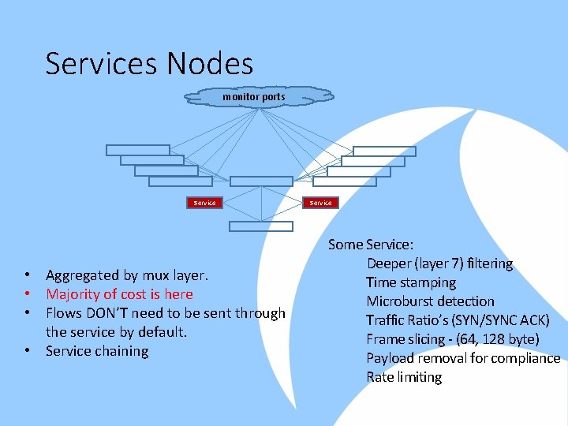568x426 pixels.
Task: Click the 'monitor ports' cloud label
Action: point(253,97)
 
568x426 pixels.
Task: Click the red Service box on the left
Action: point(204,203)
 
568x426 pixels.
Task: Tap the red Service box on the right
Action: point(321,203)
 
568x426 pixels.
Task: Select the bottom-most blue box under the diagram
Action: point(260,226)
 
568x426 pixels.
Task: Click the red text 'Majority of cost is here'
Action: point(119,294)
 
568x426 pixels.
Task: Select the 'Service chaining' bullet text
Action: point(97,351)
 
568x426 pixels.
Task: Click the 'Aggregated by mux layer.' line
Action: point(127,275)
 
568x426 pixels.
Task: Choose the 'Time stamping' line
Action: point(410,282)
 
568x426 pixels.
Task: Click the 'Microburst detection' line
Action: point(430,301)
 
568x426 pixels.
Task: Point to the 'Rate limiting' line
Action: point(404,377)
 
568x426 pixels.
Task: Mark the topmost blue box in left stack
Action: point(137,150)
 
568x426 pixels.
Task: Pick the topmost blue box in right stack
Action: point(384,151)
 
